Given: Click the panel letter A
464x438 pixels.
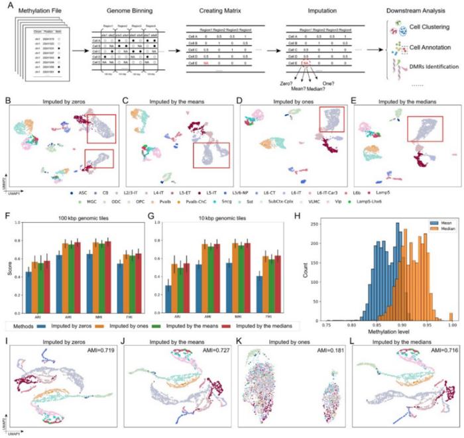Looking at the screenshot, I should pos(5,5).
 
